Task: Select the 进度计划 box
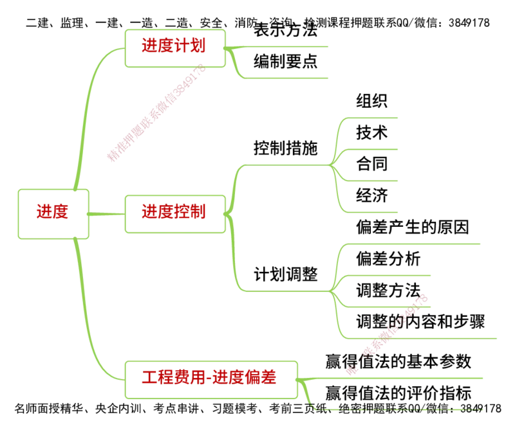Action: coord(174,46)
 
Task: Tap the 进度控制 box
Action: coord(174,213)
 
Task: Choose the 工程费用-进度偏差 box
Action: coord(209,377)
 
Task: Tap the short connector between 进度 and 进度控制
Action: coord(107,213)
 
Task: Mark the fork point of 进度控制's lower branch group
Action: coord(332,290)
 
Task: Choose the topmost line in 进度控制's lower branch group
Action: coord(412,244)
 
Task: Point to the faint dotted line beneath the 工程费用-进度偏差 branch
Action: coord(399,407)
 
